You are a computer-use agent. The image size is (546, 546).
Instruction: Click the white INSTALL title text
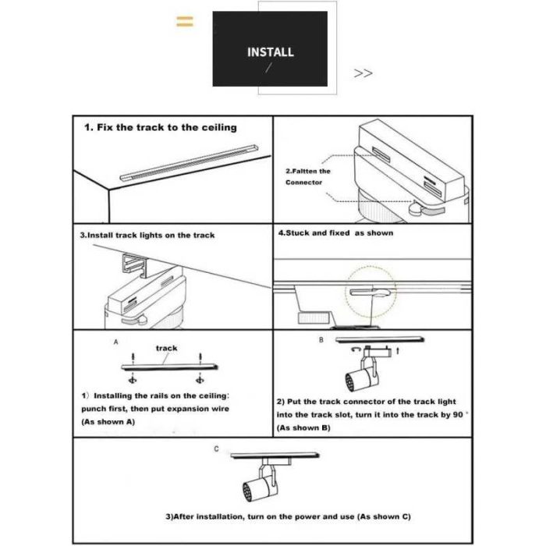coord(270,52)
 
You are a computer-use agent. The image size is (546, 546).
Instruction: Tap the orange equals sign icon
coord(184,21)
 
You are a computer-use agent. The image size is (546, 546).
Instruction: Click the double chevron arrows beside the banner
coord(363,73)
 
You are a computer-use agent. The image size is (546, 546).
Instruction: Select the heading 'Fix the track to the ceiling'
coord(160,127)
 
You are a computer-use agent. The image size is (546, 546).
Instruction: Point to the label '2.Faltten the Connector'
coord(307,176)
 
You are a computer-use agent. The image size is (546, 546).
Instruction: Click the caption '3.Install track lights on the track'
coord(147,235)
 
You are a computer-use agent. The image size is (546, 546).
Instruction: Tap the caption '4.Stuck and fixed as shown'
coord(335,233)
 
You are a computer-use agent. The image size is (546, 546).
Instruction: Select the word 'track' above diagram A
coord(166,348)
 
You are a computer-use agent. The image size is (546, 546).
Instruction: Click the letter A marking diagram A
coord(115,342)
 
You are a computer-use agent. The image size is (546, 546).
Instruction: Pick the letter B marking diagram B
coord(320,341)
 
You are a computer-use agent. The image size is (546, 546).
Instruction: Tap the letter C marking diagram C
coord(216,450)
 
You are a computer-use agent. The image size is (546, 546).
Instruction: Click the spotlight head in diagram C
coord(247,488)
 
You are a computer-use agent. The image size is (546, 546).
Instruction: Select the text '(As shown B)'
coord(304,428)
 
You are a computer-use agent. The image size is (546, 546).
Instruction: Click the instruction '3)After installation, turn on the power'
coord(288,517)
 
